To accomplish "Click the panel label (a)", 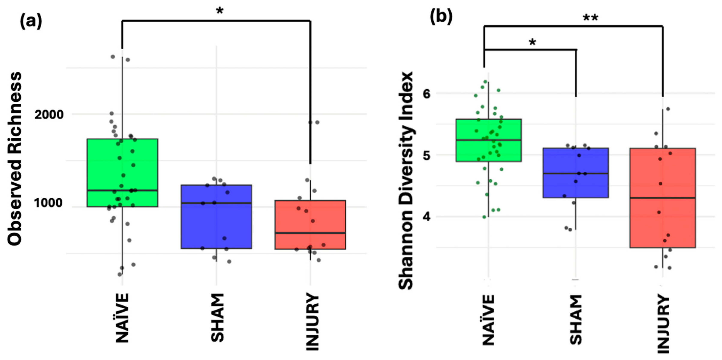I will (31, 22).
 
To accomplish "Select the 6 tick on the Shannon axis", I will (427, 94).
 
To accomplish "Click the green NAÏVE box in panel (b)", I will (489, 140).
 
